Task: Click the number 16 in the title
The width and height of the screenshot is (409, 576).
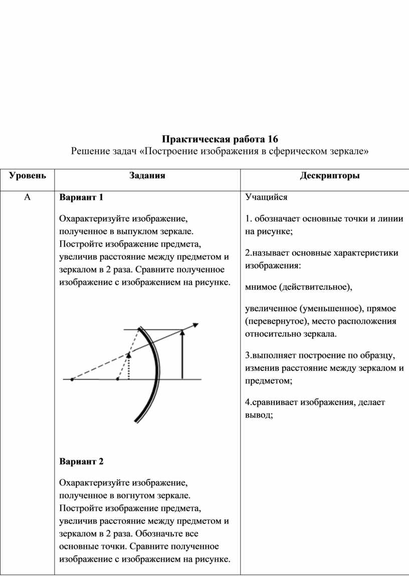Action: [x=272, y=138]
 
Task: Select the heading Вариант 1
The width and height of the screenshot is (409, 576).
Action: [x=81, y=198]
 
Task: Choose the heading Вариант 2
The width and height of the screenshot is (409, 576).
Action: [x=81, y=461]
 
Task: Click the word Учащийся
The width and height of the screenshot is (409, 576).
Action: [x=266, y=198]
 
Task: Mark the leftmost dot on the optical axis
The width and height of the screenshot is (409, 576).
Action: [x=72, y=379]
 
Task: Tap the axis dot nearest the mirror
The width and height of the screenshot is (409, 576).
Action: [x=117, y=379]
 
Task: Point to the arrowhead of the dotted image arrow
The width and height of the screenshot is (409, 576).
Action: [x=129, y=355]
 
